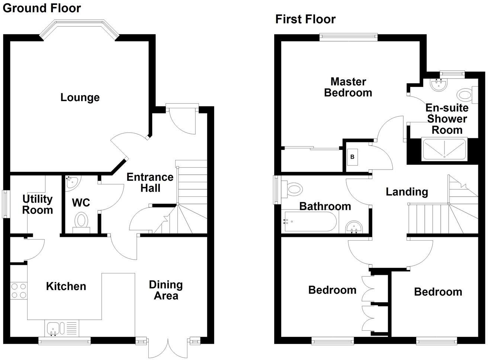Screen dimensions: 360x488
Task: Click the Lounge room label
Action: click(80, 97)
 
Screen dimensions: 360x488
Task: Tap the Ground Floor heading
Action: click(42, 8)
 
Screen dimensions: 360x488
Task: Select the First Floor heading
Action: click(305, 19)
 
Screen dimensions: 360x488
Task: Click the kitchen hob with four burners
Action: click(19, 290)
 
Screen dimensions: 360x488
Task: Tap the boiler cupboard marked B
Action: click(352, 157)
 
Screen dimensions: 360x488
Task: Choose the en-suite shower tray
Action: click(444, 150)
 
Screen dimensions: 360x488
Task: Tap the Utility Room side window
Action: click(5, 204)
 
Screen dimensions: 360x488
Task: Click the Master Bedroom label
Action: click(348, 87)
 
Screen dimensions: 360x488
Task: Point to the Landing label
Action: click(407, 192)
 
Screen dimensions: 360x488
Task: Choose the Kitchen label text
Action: click(66, 286)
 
